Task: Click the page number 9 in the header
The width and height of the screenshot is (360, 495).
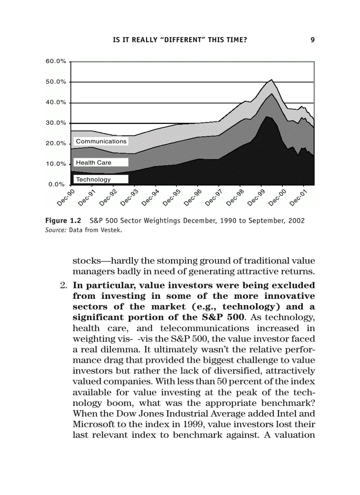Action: [x=312, y=40]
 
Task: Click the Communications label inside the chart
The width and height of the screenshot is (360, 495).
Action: [x=101, y=141]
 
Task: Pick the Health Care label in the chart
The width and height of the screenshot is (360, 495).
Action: [x=94, y=163]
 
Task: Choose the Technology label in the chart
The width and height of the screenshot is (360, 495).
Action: [x=93, y=179]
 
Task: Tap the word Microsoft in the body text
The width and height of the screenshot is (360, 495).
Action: [x=92, y=424]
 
